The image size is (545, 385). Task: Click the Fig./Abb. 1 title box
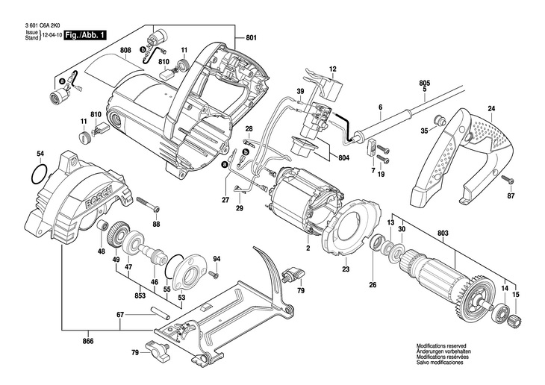coord(84,35)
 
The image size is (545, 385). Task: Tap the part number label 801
coord(251,37)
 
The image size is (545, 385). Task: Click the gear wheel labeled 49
coord(119,234)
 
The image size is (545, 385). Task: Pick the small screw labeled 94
coord(214,275)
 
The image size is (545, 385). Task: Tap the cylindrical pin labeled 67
coord(159,313)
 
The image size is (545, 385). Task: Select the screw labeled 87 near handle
coord(508,180)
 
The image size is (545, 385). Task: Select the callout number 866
coord(88,341)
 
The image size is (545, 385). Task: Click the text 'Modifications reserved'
coord(441,345)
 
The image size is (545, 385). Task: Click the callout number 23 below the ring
coord(346,269)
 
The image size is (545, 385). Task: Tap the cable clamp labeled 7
coord(371,147)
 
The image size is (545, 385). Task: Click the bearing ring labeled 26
coord(376,242)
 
